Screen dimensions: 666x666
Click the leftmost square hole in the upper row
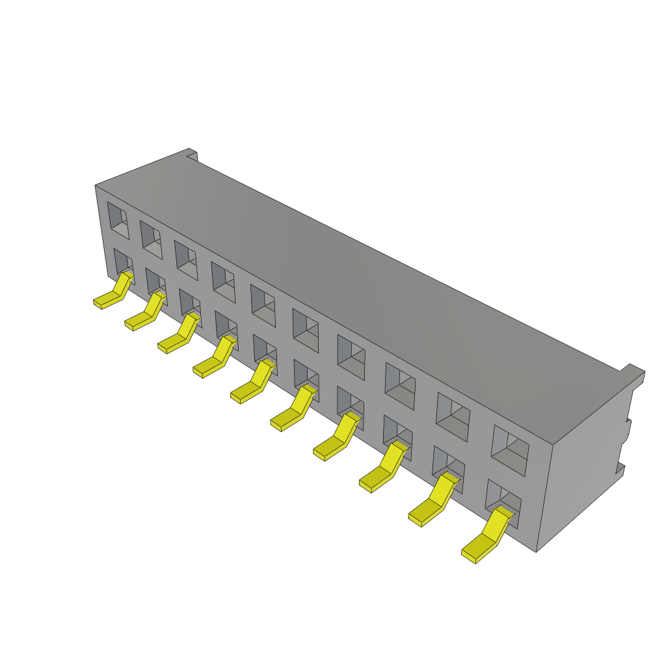click(x=118, y=220)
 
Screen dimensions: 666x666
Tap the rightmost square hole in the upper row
click(x=510, y=449)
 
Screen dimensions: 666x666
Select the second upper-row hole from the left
click(x=151, y=239)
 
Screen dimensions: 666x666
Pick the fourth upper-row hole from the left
click(x=223, y=281)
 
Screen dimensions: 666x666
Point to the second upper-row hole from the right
click(x=453, y=416)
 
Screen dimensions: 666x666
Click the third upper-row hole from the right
click(x=400, y=386)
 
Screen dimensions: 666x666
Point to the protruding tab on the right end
click(x=632, y=376)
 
